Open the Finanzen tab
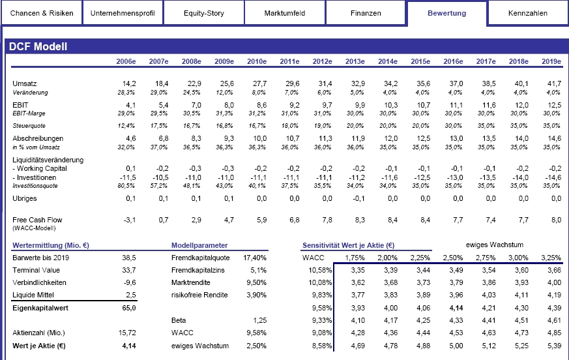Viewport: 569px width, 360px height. point(366,13)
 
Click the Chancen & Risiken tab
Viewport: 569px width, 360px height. point(41,13)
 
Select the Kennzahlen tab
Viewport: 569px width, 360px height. point(528,13)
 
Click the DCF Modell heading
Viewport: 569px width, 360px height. point(38,46)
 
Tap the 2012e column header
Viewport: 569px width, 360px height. point(322,61)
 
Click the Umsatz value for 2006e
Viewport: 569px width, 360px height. point(129,83)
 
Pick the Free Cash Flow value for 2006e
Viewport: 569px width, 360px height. point(130,220)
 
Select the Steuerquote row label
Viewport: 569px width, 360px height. point(29,126)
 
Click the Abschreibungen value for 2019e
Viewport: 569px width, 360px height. point(554,138)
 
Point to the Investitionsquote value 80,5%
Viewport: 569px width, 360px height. point(126,186)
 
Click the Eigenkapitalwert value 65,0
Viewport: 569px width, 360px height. point(129,308)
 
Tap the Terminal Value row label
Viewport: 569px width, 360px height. point(36,270)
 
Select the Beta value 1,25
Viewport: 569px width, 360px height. point(260,320)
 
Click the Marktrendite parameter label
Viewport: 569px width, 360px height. point(191,282)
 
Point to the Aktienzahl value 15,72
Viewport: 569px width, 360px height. point(127,333)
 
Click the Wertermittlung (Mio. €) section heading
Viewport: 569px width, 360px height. point(51,245)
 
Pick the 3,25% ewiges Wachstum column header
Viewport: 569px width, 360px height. point(551,258)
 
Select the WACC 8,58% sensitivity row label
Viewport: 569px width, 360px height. point(322,346)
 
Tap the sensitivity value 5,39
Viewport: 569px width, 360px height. point(554,346)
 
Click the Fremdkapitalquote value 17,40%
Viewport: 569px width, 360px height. point(255,258)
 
